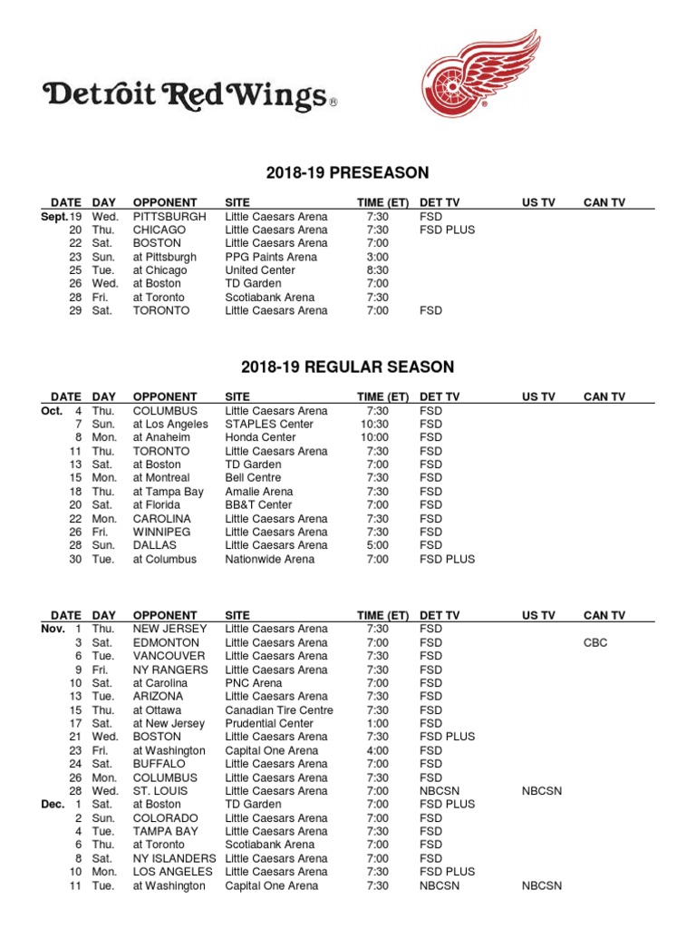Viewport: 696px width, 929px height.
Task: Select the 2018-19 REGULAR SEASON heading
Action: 347,367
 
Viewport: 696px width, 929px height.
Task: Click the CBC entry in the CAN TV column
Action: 595,642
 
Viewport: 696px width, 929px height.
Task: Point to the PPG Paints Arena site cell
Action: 271,257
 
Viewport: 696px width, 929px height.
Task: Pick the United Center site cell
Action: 258,270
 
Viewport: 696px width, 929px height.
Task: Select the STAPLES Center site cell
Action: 269,425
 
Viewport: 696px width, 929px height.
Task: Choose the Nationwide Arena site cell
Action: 270,560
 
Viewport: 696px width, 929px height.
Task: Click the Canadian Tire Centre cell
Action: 279,710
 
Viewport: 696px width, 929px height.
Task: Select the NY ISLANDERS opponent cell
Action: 175,858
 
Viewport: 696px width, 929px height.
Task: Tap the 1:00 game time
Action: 378,724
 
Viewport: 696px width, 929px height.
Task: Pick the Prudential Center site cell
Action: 273,724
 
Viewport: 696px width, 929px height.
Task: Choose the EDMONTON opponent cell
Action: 163,642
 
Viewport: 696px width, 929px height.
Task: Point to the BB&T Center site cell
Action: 259,505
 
